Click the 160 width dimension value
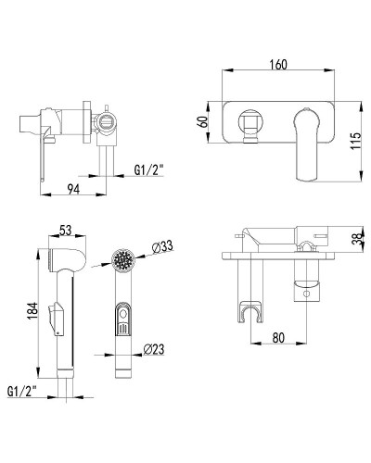pos(278,65)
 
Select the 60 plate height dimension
pos(203,121)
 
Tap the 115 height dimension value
pos(356,141)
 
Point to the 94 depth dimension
pos(73,189)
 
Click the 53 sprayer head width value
pos(65,230)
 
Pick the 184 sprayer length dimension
pos(32,311)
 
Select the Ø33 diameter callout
pos(162,247)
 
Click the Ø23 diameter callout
pos(154,349)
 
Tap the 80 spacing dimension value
pos(278,337)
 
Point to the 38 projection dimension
pos(358,238)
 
